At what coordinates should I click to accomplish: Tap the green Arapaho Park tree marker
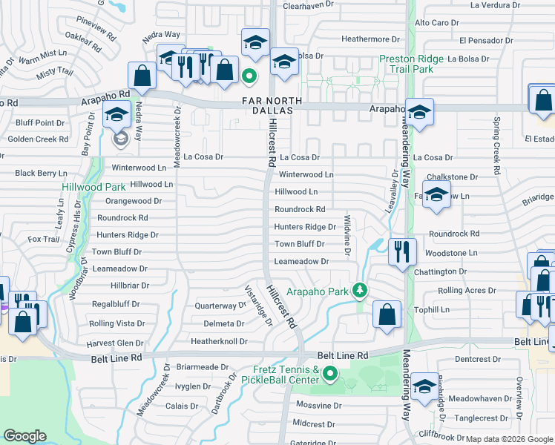click(360, 289)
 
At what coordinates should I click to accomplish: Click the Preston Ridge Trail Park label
click(416, 64)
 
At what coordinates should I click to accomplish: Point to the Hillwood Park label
click(93, 188)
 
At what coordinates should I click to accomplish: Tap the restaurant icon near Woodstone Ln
click(401, 251)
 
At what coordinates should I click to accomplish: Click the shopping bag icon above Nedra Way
click(142, 74)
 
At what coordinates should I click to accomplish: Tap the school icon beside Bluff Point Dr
click(116, 115)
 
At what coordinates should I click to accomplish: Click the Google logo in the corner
click(24, 436)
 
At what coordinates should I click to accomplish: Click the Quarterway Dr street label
click(220, 306)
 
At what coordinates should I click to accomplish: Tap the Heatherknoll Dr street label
click(219, 341)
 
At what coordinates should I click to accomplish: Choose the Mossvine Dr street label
click(318, 406)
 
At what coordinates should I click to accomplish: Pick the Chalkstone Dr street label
click(452, 177)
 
